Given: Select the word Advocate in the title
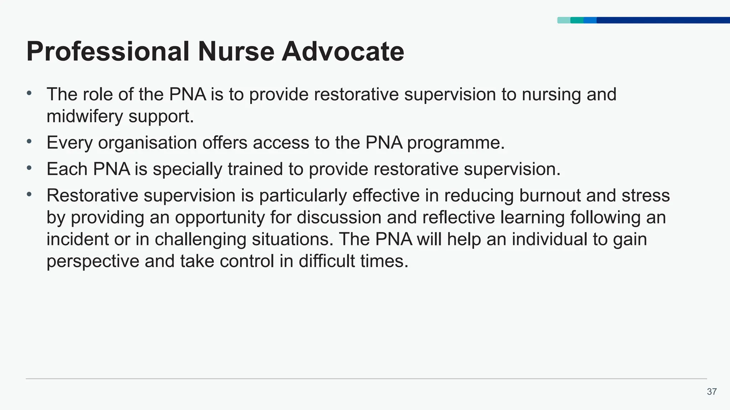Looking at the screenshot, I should tap(343, 52).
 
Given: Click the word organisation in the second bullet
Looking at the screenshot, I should tap(147, 143).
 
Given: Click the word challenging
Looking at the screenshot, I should tap(200, 240).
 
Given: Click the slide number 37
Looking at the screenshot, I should tap(711, 392).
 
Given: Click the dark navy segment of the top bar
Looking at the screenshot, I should tap(663, 20).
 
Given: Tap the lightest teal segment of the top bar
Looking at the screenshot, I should tap(564, 20).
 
